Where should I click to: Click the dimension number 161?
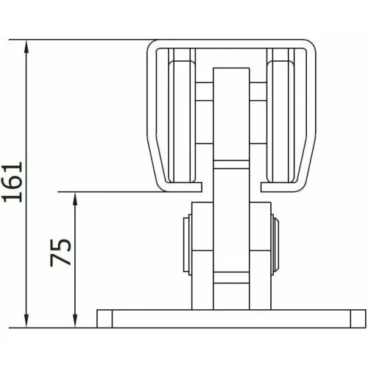point(13,182)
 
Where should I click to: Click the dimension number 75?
point(60,252)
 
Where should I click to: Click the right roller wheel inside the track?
point(280,121)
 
